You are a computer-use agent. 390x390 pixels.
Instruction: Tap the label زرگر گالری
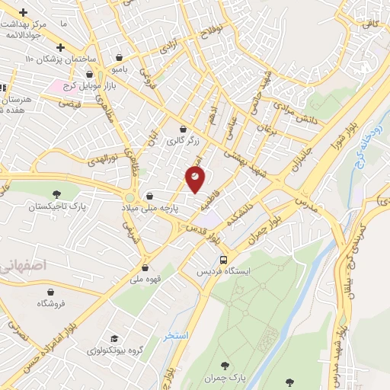tap(183, 141)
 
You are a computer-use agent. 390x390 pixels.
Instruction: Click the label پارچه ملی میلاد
tap(152, 207)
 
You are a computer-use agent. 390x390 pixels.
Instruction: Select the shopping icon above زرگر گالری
tap(183, 129)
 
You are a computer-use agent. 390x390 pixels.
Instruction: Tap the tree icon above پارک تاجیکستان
tap(56, 195)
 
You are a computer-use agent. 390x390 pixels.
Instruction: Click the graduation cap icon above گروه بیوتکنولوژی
tap(114, 338)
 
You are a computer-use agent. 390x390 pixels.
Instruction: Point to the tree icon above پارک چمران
tap(224, 366)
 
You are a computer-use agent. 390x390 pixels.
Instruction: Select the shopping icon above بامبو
tap(118, 57)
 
